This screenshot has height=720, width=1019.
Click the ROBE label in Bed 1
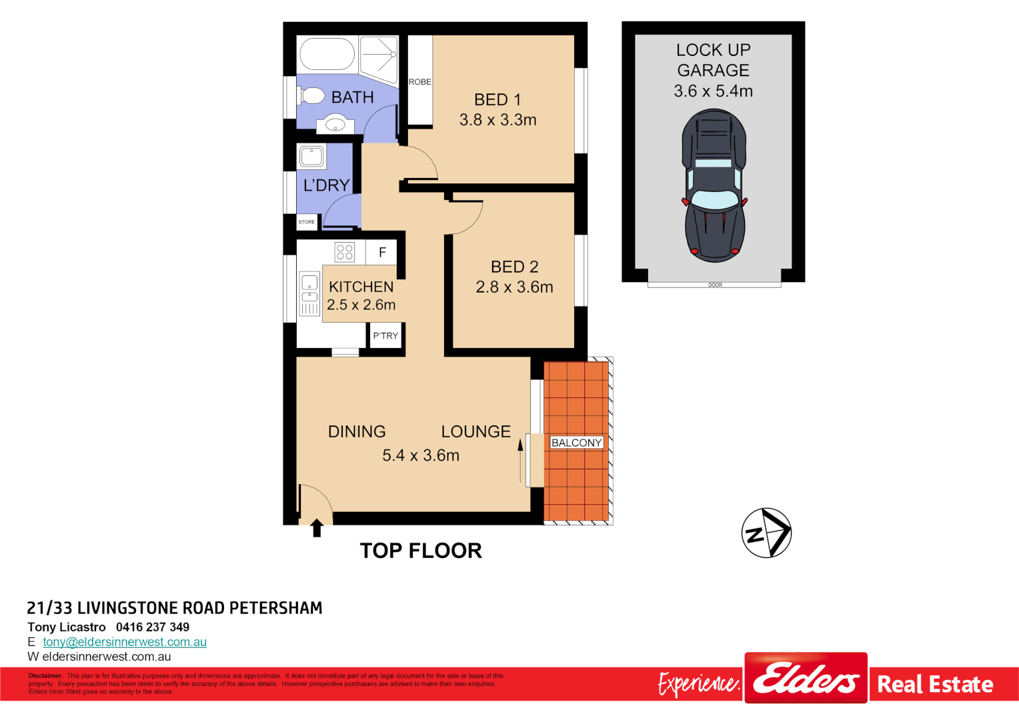click(419, 82)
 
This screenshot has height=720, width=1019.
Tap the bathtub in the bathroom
click(327, 54)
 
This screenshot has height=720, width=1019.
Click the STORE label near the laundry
click(307, 222)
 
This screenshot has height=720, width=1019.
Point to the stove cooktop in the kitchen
click(345, 252)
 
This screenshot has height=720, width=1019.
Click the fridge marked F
click(382, 252)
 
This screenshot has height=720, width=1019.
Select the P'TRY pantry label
click(385, 336)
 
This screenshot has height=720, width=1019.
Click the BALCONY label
click(576, 443)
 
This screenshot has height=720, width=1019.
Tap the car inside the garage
click(714, 186)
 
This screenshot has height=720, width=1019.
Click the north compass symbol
click(766, 533)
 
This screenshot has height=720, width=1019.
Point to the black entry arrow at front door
click(317, 528)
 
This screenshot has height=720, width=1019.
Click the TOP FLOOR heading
click(421, 551)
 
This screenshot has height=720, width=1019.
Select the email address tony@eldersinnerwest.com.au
click(125, 642)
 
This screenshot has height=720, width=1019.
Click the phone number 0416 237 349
click(153, 627)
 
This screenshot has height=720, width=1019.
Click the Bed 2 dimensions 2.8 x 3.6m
click(514, 287)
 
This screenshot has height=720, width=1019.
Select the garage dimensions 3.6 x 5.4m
click(713, 91)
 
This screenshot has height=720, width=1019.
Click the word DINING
click(357, 432)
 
